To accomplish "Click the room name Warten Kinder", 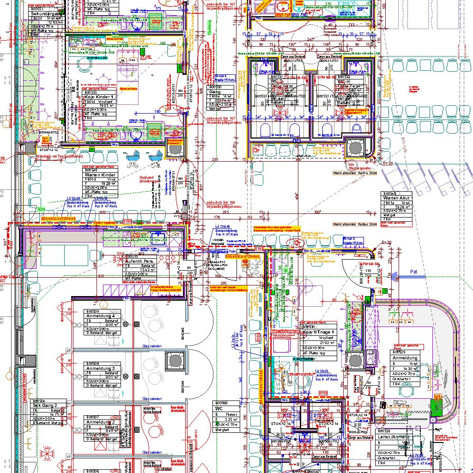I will click(100, 175).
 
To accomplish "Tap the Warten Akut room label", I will click(396, 197).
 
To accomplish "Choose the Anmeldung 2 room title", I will click(100, 422).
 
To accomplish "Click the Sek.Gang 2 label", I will click(45, 405).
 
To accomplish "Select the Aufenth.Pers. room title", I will click(141, 261).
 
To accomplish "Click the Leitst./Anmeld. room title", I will click(394, 437).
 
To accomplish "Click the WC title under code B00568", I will click(219, 409).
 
